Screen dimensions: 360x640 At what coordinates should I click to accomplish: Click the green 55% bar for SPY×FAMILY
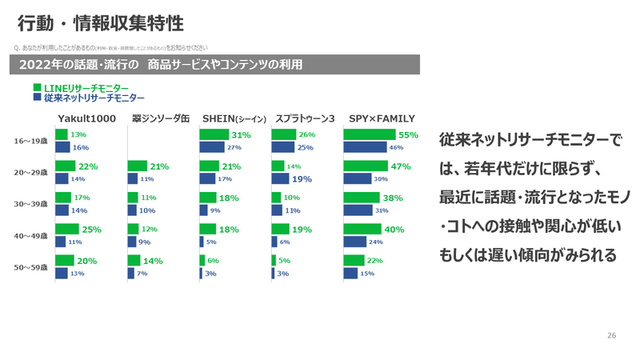coord(370,135)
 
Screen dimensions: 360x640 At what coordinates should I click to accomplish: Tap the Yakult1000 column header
coord(87,118)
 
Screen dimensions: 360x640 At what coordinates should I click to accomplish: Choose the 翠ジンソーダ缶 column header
coord(161,118)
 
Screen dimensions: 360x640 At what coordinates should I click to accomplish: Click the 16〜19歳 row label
coord(31,142)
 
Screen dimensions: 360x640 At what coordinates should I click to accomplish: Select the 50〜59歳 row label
coord(31,267)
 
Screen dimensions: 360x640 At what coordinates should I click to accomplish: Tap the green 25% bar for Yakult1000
coord(67,229)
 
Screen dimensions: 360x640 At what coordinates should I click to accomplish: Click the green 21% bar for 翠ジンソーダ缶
coord(137,166)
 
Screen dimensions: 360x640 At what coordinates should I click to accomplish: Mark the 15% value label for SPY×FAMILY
coord(367,274)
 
